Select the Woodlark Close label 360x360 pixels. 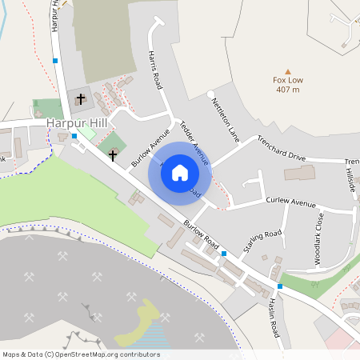point(318,238)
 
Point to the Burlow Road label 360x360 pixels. point(201,234)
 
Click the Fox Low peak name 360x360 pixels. point(288,80)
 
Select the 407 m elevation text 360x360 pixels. point(288,90)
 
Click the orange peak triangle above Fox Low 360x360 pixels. point(288,70)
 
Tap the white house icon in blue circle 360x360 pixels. point(180,171)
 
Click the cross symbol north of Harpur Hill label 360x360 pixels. point(80,99)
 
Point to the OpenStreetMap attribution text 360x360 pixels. point(82,354)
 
